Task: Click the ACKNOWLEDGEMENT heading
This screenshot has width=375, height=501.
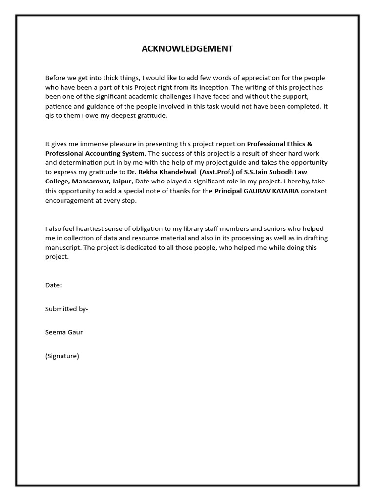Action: tap(187, 48)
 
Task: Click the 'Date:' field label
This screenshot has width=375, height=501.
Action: tap(54, 285)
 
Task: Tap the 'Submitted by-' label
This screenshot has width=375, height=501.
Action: tap(67, 309)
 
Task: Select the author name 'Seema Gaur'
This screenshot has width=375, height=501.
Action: tap(64, 332)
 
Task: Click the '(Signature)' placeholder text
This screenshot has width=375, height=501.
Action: tap(62, 356)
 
